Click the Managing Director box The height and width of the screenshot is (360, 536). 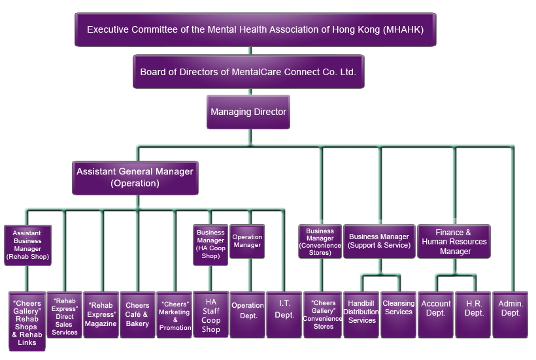[x=248, y=112]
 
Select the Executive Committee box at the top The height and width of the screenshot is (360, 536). [x=255, y=29]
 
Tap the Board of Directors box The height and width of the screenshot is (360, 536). [x=248, y=71]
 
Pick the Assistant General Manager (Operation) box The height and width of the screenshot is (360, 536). [x=135, y=178]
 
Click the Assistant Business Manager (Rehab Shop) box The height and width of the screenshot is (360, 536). [x=27, y=244]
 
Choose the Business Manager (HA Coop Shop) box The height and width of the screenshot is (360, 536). [x=210, y=244]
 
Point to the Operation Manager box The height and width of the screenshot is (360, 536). [x=247, y=241]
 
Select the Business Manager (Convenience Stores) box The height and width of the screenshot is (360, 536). [x=320, y=240]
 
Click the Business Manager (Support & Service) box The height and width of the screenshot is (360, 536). [x=379, y=240]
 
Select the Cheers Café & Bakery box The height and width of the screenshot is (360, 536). [x=137, y=314]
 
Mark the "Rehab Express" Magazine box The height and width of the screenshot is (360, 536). [x=101, y=314]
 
